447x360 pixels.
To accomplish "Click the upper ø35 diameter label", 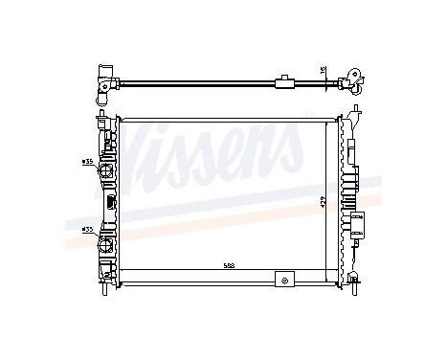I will pos(87,162).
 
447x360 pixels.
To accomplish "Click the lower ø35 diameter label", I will pos(87,230).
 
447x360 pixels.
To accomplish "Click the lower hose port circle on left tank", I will pos(103,243).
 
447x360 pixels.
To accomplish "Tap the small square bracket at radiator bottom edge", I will pos(282,281).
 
